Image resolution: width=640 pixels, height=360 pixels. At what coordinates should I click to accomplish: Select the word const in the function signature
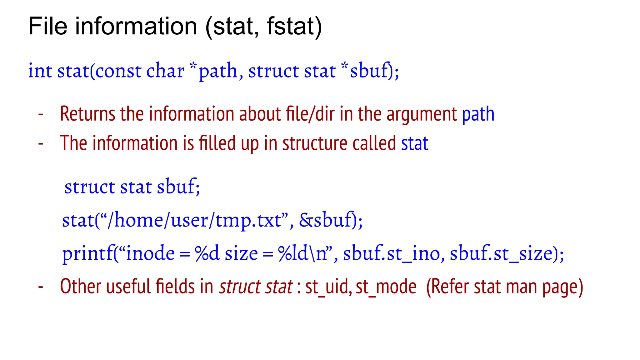[118, 71]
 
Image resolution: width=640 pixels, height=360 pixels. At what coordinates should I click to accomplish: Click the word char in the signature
[165, 71]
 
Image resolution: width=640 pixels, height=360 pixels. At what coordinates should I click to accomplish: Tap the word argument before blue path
[422, 114]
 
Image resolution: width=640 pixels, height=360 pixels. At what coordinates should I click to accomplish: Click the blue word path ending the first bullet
[478, 114]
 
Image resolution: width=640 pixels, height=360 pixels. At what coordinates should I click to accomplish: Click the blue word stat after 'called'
[414, 144]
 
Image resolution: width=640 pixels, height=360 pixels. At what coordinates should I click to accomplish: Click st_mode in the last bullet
[386, 287]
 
